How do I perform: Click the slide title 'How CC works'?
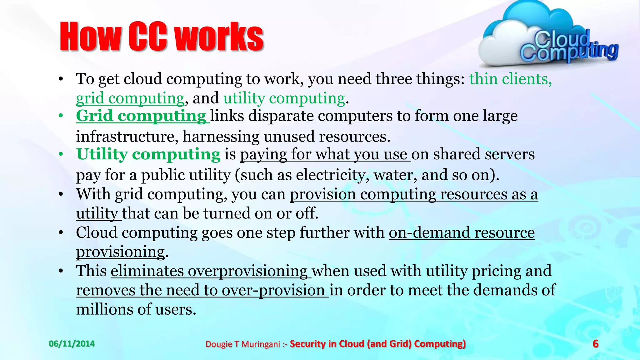(x=162, y=36)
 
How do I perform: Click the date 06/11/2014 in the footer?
(x=72, y=344)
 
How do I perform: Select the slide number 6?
(x=596, y=344)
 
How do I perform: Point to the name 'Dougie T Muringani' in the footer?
(x=243, y=344)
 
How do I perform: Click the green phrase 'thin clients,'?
(x=510, y=79)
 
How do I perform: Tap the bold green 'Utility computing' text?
(x=148, y=154)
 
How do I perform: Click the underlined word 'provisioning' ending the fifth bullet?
(x=121, y=252)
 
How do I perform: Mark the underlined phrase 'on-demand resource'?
(x=462, y=233)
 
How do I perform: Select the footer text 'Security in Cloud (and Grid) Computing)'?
(x=377, y=344)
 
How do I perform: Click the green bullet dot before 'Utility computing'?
(x=61, y=154)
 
